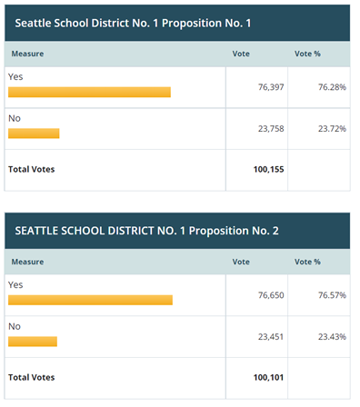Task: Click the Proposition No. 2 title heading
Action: coord(146,231)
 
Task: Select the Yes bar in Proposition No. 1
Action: coord(89,92)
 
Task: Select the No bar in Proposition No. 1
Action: coord(34,134)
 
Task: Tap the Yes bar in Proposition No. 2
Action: coord(90,300)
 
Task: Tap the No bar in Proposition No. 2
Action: coord(33,342)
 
